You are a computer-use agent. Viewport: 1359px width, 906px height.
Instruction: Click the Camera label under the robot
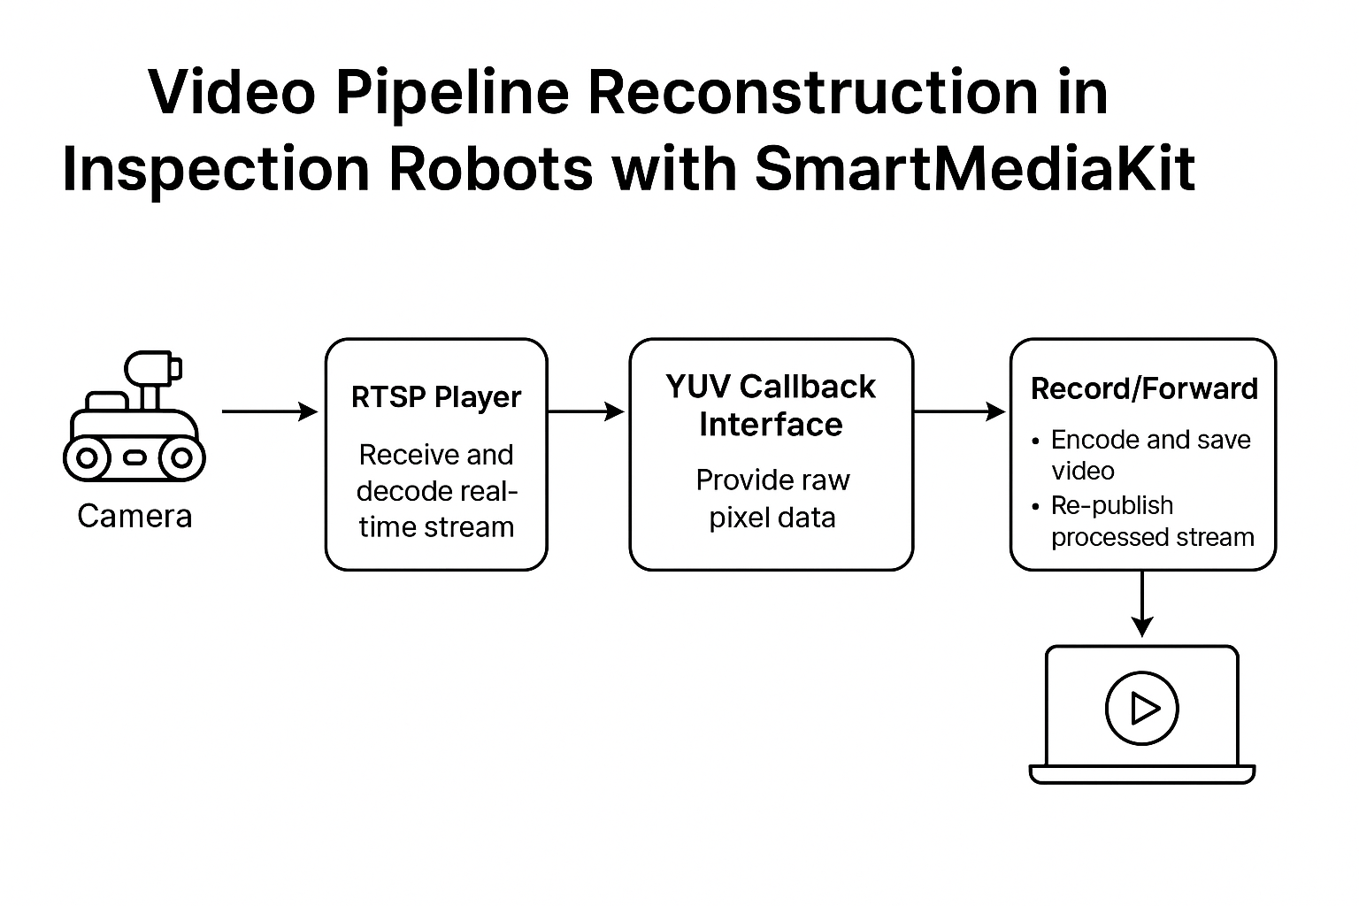coord(134,517)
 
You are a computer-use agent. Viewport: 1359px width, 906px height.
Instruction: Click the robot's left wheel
coord(88,458)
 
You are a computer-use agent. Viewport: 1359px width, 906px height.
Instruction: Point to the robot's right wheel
coord(181,458)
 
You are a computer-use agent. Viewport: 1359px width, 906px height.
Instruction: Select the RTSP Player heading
coord(436,397)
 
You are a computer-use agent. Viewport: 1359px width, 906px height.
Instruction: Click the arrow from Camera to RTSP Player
coord(270,411)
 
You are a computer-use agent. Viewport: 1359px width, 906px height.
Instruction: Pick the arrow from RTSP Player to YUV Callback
coord(586,411)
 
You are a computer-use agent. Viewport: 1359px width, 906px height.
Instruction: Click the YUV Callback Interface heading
coord(771,405)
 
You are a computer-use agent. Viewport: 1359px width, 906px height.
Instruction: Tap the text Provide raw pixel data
coord(772,499)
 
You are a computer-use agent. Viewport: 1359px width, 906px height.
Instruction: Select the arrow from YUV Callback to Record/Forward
coord(960,411)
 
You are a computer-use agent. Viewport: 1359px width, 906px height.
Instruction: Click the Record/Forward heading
coord(1144,389)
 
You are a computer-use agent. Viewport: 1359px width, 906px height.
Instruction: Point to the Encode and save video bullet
coord(1141,455)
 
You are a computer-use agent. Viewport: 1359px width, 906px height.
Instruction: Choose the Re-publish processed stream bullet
coord(1143,521)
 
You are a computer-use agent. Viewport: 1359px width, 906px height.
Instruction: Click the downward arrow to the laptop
coord(1142,603)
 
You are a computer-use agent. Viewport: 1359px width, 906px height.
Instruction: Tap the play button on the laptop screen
coord(1142,708)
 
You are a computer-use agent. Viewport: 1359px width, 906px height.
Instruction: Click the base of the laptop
coord(1142,774)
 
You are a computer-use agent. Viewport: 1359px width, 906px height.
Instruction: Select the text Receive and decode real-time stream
coord(436,491)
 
